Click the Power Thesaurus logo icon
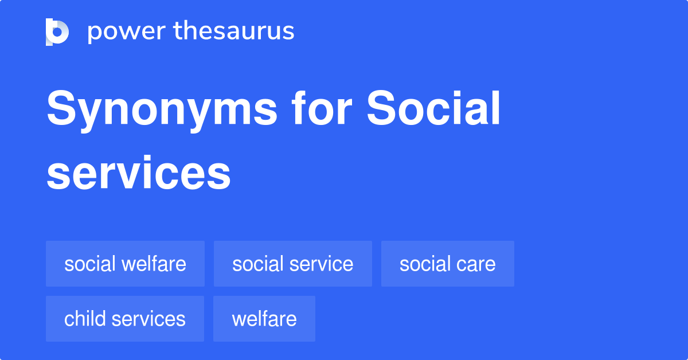coord(57,32)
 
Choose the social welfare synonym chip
coord(125,264)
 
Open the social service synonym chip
coord(292,264)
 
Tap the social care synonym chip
coord(447,264)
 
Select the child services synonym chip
coord(124,319)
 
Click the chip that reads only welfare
coord(264,319)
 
